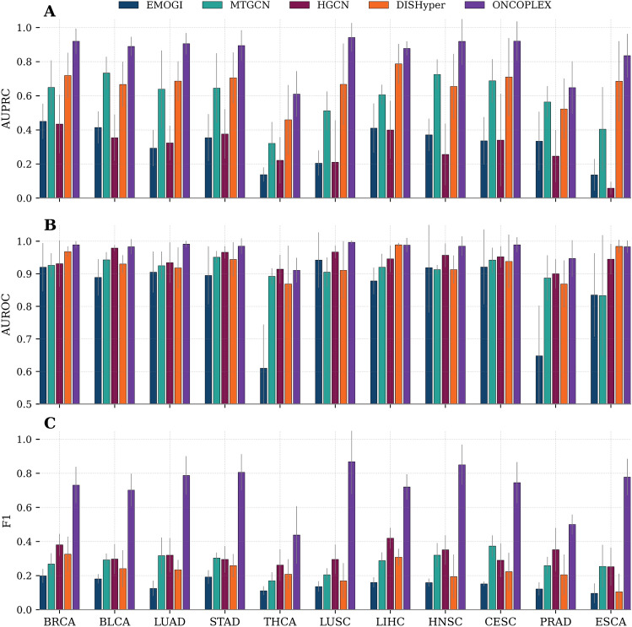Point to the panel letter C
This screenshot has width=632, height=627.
pos(26,424)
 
